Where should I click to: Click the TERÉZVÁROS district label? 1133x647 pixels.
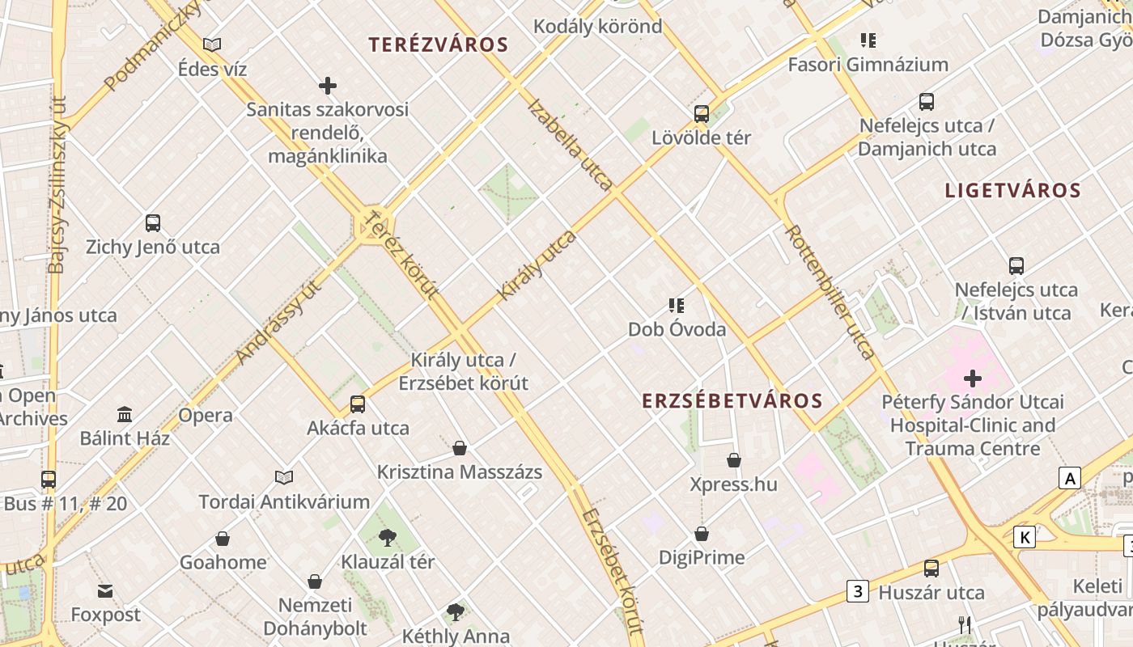point(439,45)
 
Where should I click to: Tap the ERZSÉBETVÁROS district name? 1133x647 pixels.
point(732,400)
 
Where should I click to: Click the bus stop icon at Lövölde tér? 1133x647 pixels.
point(702,114)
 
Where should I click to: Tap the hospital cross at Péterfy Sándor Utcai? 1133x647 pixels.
point(973,378)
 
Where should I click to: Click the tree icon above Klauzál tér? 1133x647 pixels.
point(388,537)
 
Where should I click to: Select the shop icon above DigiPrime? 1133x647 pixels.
point(702,534)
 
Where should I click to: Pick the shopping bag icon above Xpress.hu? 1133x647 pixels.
point(734,460)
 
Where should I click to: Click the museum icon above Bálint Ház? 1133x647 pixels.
point(125,415)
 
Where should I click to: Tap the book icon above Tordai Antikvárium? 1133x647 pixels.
point(284,477)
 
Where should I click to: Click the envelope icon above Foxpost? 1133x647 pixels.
point(105,591)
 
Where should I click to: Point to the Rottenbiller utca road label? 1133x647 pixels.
point(830,291)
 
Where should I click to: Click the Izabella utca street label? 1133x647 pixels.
point(570,145)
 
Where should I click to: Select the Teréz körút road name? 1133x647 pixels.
point(401,255)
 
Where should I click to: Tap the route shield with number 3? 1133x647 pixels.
point(858,591)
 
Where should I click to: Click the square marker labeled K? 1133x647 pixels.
point(1025,537)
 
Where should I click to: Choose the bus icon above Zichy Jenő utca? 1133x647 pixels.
point(153,223)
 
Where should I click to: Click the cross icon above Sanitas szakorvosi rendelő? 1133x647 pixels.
point(328,86)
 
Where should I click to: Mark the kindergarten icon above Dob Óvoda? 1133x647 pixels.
point(677,306)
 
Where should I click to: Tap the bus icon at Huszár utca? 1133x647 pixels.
point(931,569)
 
